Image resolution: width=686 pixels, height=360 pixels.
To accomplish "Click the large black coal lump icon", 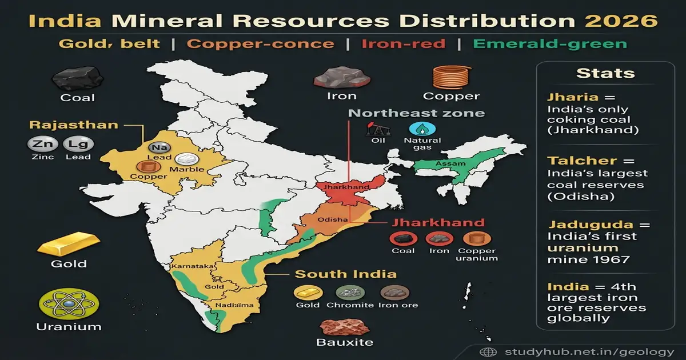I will (x=78, y=78).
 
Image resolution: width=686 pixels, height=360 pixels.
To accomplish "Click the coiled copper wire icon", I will (x=451, y=77).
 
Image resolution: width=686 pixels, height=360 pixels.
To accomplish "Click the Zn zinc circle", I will (x=39, y=145).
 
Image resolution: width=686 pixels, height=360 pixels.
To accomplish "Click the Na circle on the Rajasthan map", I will (x=156, y=149).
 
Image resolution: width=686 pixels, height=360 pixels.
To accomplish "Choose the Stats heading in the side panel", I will (x=605, y=73).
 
